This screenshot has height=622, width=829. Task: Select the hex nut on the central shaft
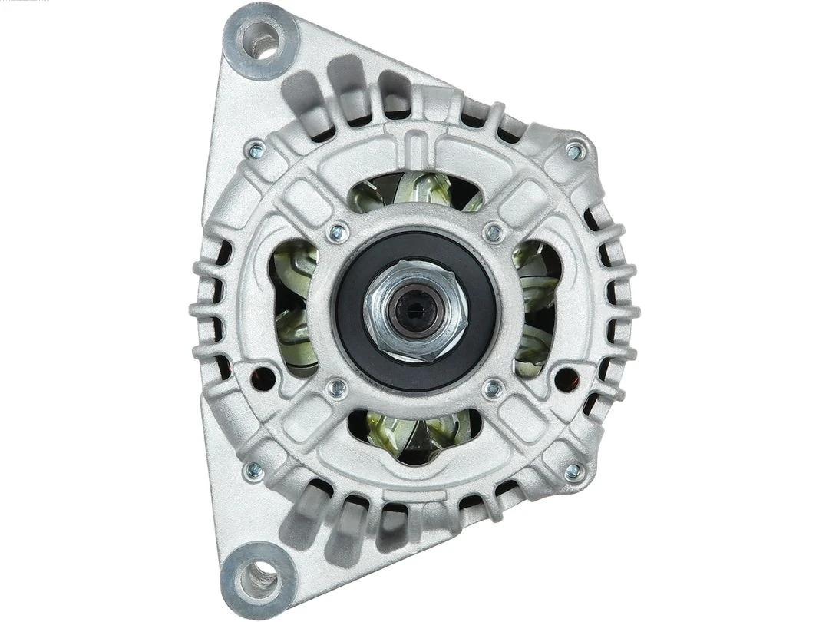[x=415, y=310]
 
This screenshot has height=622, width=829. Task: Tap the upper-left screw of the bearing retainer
[x=336, y=231]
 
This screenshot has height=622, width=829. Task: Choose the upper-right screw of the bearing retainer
[x=494, y=231]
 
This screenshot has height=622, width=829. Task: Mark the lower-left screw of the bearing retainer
[x=336, y=389]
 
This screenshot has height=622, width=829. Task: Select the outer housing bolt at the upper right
[x=575, y=151]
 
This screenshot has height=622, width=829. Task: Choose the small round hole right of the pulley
[x=566, y=376]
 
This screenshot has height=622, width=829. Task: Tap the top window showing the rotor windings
[x=414, y=192]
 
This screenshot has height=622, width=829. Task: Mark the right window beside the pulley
[x=536, y=307]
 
